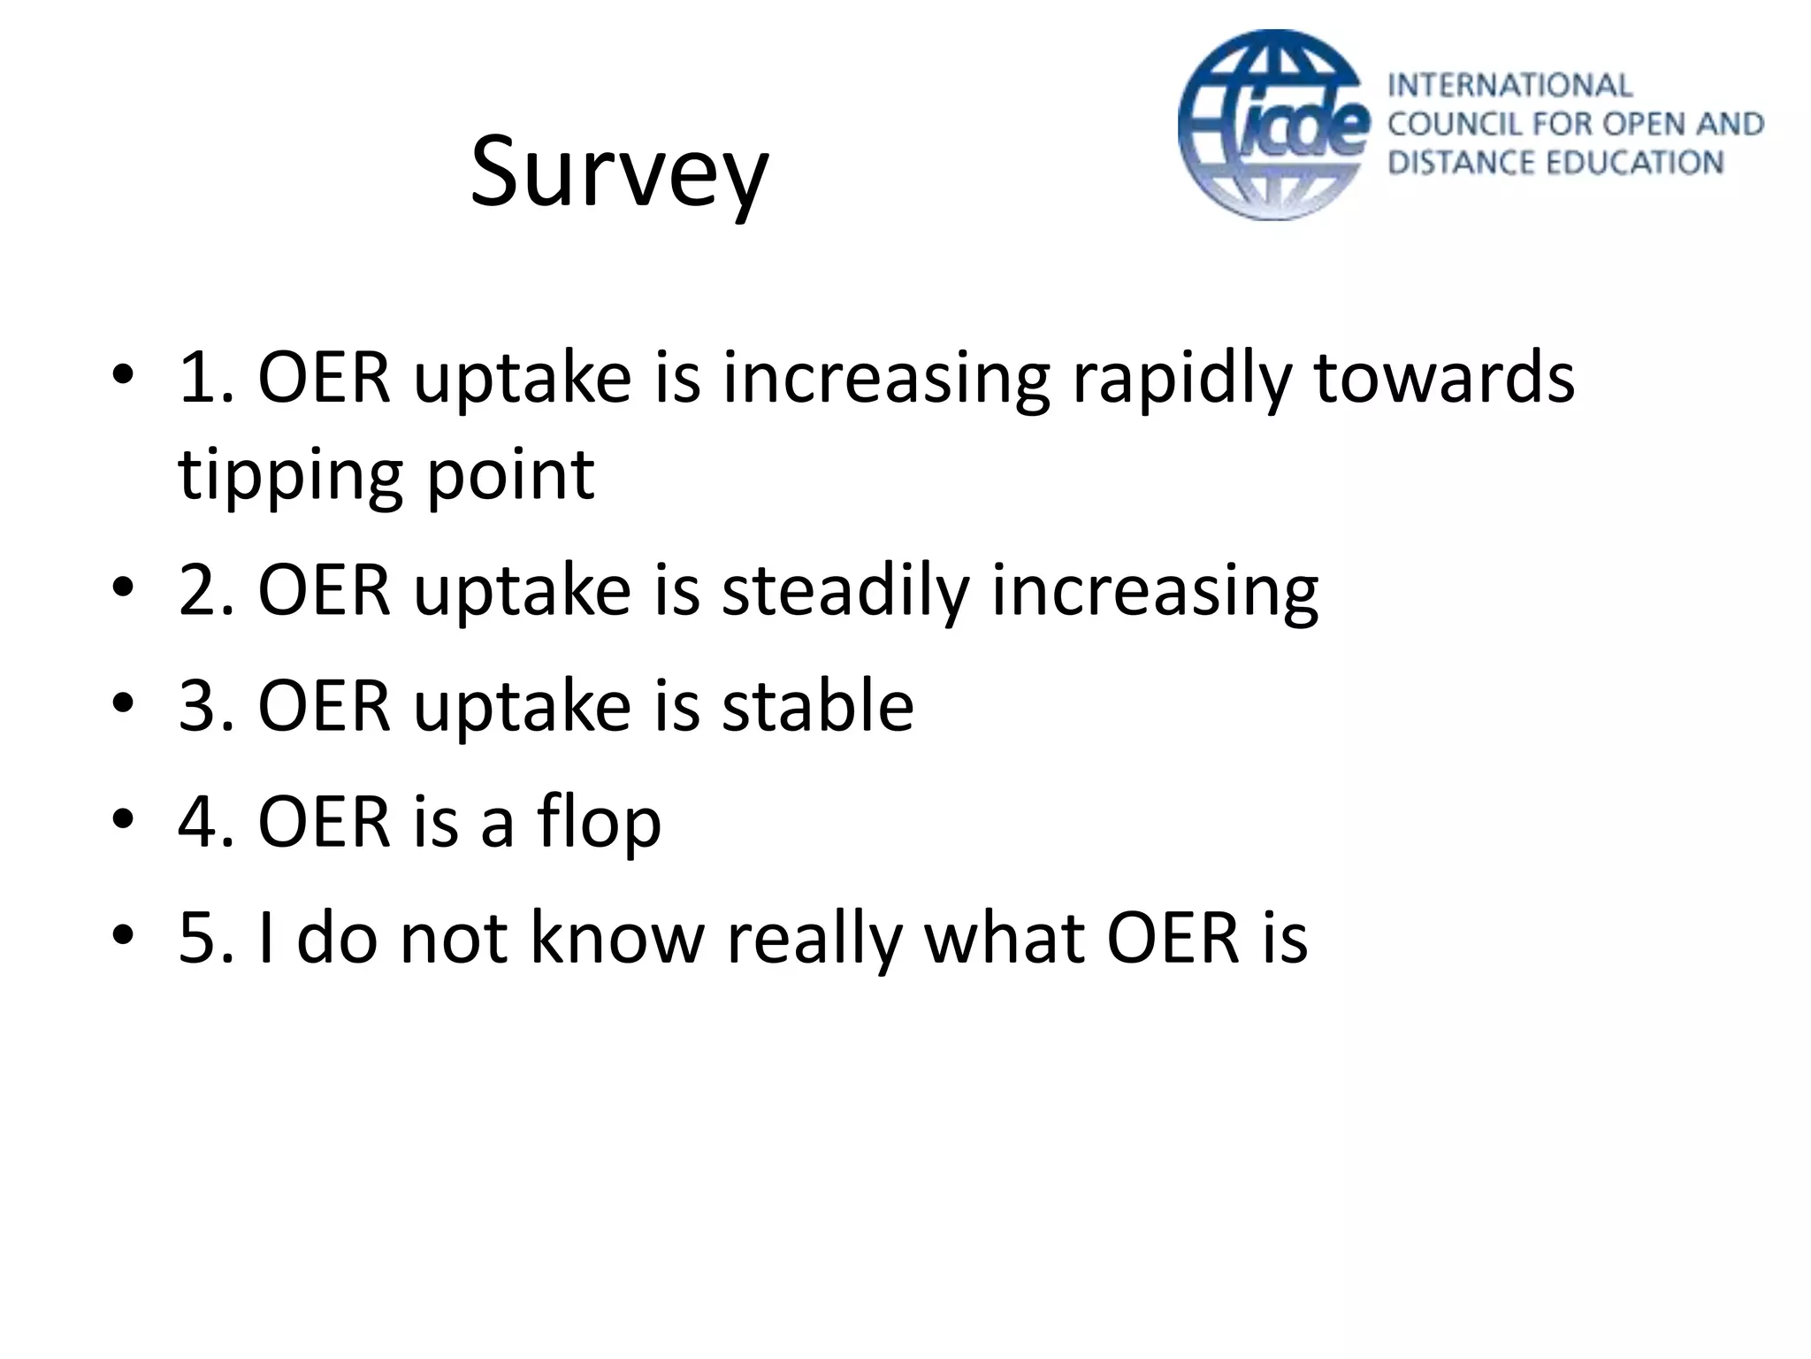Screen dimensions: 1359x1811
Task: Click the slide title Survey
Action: click(619, 173)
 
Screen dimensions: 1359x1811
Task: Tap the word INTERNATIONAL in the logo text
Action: click(1509, 86)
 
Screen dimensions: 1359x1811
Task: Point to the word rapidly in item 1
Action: click(1181, 379)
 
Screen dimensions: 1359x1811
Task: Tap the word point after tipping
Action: click(510, 476)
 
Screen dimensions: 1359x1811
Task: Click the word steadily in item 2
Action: click(845, 591)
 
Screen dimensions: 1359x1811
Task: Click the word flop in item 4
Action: click(599, 823)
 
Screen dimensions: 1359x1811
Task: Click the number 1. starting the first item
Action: click(205, 379)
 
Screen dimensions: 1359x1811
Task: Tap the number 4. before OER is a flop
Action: click(205, 823)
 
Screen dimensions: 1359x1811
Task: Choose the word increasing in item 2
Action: click(1154, 591)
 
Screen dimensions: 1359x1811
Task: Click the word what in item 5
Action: click(1004, 938)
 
